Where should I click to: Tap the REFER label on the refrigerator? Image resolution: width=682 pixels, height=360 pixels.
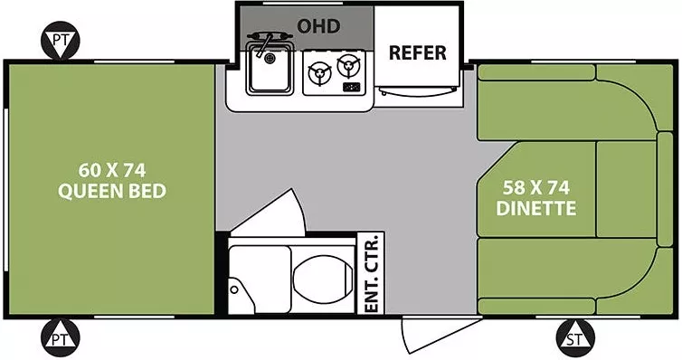(x=417, y=52)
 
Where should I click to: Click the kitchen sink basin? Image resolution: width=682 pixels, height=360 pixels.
(x=269, y=72)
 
